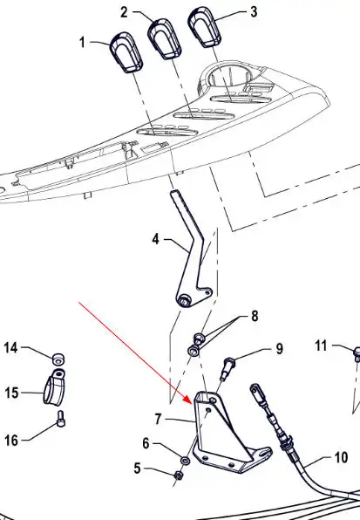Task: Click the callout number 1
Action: point(82,43)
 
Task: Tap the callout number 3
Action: point(254,12)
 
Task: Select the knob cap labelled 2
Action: point(164,38)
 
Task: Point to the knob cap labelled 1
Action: point(126,52)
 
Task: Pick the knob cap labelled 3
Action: point(205,25)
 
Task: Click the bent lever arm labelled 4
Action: point(192,252)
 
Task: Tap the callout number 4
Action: point(156,239)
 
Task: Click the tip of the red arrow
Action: point(192,404)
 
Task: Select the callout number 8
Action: point(255,316)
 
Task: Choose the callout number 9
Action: point(280,348)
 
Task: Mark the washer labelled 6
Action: point(185,461)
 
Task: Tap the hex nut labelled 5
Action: point(179,476)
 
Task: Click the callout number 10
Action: point(341,458)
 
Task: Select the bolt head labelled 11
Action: point(357,353)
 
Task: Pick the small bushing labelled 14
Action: point(58,359)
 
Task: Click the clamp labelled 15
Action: point(54,387)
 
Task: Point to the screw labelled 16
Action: point(61,419)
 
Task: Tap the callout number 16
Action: point(11,441)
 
